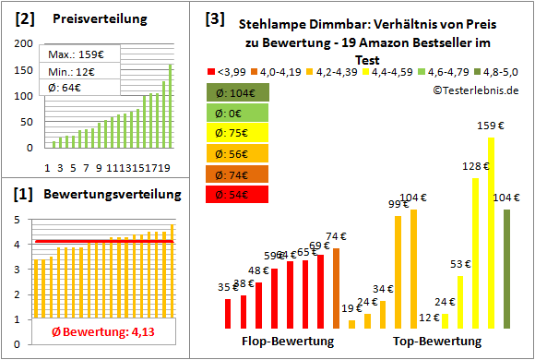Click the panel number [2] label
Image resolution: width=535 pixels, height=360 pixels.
[25, 18]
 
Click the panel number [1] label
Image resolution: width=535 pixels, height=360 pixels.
[25, 195]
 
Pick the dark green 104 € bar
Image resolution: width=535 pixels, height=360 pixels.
[506, 269]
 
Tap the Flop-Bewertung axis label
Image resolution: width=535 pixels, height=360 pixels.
[288, 342]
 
